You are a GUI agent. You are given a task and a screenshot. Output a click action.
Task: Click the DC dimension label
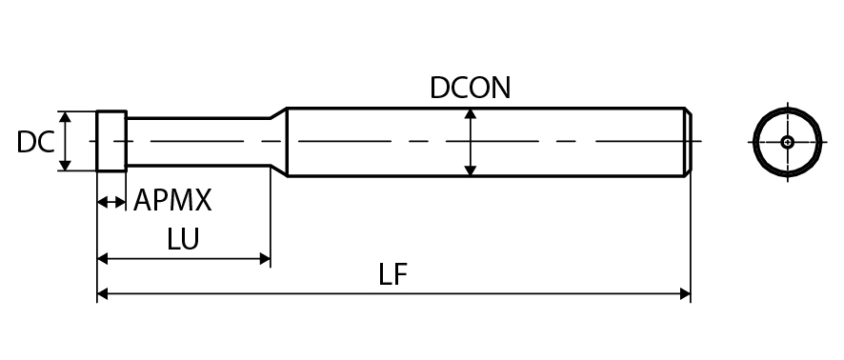coord(35,143)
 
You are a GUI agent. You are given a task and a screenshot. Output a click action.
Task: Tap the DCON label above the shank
coord(470,88)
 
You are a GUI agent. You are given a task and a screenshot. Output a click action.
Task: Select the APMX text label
coord(172,200)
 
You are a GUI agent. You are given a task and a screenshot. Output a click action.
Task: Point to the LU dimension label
coord(183,239)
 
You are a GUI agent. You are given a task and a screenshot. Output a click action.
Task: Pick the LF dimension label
coord(392,274)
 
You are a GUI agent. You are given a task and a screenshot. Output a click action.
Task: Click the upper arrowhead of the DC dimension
coord(65,117)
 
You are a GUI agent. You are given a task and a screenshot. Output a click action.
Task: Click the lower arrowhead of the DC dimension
coord(65,165)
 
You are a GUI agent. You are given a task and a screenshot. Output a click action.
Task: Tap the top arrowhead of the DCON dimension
coord(471,114)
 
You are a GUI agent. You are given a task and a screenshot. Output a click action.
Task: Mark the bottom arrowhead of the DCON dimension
coord(471,170)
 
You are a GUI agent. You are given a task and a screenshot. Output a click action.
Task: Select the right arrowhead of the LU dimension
coord(264,259)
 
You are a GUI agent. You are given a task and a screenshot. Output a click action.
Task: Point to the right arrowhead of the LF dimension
coord(685,294)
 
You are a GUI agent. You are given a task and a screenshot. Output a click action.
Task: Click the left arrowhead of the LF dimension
coord(103,294)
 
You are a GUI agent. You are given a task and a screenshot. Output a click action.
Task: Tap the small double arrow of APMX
coord(111,202)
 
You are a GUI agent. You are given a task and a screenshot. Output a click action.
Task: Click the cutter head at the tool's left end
coord(111,141)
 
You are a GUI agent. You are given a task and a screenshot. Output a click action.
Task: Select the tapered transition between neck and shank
coord(279,142)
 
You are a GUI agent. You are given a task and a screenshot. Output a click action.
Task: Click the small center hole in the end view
coord(788,142)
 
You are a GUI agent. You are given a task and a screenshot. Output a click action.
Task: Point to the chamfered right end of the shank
coord(688,142)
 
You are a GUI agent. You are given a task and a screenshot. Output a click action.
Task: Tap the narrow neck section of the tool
coord(198,142)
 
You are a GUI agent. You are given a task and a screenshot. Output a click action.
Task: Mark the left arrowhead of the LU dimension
coord(103,259)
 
